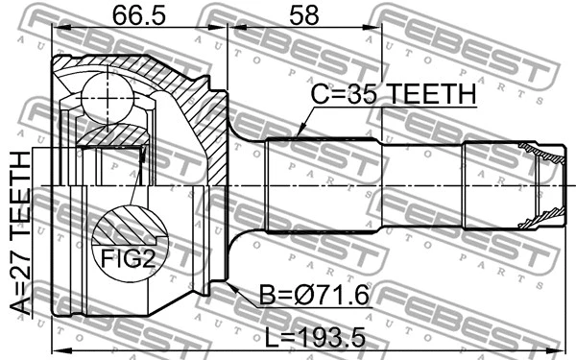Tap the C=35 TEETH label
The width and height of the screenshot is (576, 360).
(393, 94)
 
